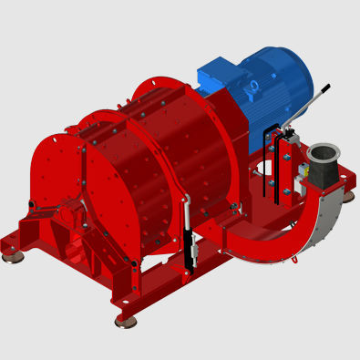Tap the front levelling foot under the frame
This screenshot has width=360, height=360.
tap(126, 321)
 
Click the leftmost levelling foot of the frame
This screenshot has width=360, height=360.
tap(13, 257)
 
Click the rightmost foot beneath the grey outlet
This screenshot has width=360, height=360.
tap(348, 196)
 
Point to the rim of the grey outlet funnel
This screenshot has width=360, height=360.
tap(323, 149)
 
